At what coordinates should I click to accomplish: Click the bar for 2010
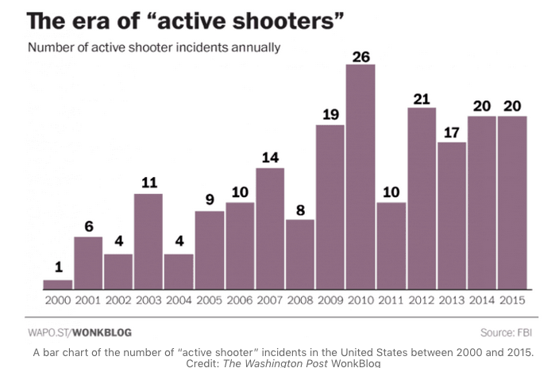click(x=360, y=176)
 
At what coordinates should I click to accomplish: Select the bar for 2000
click(x=57, y=285)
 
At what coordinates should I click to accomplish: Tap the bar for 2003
click(x=148, y=241)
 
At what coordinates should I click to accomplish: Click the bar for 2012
click(x=422, y=198)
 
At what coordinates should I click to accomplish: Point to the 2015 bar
click(x=512, y=203)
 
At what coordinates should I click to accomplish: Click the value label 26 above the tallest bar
click(x=360, y=56)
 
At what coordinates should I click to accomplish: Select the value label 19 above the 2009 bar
click(x=330, y=115)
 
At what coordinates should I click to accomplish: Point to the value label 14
click(x=270, y=158)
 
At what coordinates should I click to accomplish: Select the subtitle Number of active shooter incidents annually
click(x=154, y=48)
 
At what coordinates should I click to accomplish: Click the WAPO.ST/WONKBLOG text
click(x=79, y=332)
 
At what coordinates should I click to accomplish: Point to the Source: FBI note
click(x=505, y=332)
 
